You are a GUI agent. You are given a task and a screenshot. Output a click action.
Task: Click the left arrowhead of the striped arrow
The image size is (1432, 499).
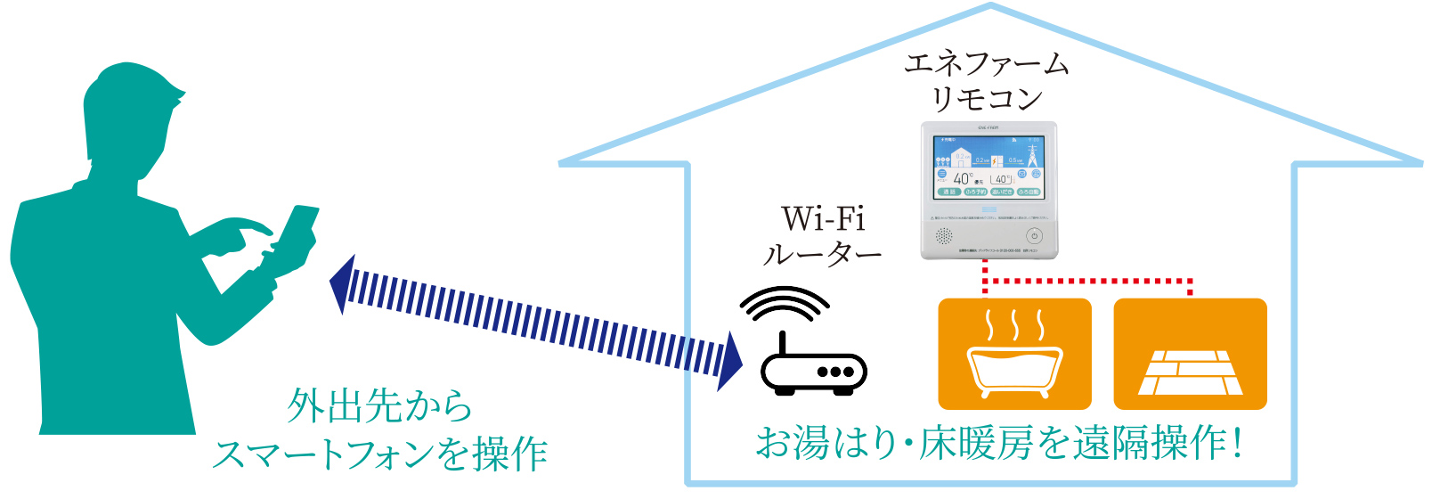(342, 283)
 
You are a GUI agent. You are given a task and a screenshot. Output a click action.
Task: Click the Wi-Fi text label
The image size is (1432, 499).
(823, 219)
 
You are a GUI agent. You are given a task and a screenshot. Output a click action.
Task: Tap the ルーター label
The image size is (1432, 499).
(822, 256)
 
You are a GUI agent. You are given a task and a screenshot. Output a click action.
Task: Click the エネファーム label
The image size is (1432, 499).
(987, 64)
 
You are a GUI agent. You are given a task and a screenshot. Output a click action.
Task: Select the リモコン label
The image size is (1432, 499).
(987, 98)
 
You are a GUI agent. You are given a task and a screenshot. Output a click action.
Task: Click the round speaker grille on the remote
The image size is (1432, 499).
(944, 236)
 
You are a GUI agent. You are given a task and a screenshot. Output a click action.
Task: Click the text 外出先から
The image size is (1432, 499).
(379, 406)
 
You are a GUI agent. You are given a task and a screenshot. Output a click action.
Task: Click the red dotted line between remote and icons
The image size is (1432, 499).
(1086, 281)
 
